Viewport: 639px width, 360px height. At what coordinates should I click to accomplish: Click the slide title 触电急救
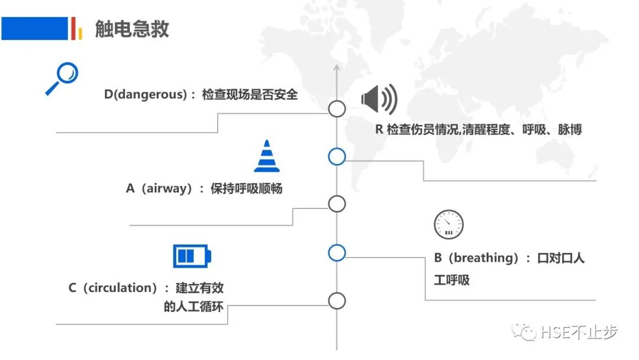pos(132,29)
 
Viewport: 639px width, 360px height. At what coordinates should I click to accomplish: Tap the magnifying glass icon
pos(62,79)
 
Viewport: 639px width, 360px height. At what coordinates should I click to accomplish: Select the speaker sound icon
pos(379,99)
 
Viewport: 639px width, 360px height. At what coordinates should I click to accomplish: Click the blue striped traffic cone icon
pos(267,156)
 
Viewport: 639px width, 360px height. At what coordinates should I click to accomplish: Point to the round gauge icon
pos(448,224)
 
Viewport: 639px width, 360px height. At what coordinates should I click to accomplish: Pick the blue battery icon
pos(192,256)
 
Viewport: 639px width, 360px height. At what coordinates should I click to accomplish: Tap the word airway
pos(169,189)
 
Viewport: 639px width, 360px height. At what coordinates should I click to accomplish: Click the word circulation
pos(120,288)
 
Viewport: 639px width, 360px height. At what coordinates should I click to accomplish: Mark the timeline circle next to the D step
pos(337,109)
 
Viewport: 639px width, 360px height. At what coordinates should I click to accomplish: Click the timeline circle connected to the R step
pos(337,156)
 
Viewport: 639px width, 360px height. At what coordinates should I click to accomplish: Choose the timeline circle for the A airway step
pos(337,204)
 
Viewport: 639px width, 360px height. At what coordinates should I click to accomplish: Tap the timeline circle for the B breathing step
pos(337,253)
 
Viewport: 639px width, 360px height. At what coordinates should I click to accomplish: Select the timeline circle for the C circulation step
pos(337,301)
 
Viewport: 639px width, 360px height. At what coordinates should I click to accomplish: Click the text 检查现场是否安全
pos(250,95)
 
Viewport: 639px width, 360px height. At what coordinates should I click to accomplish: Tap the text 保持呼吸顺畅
pos(246,189)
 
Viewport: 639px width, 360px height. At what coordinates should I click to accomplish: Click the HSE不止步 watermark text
pos(579,332)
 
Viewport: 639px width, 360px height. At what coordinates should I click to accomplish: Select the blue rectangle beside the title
pos(34,28)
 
